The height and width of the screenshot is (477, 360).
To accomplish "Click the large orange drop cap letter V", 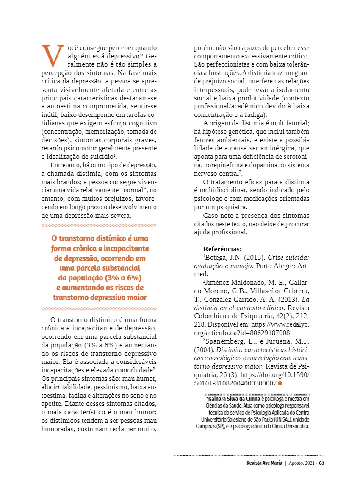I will tap(53, 56).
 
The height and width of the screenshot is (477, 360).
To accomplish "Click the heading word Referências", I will tap(222, 249).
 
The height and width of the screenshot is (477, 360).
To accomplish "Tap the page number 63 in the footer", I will tap(321, 463).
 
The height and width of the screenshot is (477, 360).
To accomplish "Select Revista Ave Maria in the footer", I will tap(264, 463).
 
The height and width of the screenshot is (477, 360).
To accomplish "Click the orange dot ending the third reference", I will tap(280, 383).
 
